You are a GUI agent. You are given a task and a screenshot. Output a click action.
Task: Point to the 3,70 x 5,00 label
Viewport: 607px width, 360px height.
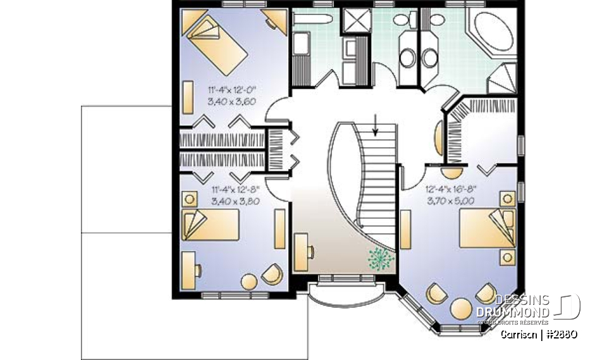450,201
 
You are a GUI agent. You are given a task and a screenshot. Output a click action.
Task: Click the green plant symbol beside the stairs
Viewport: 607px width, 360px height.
379,258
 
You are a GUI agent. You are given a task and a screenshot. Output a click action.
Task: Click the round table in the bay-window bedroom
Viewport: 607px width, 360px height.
461,309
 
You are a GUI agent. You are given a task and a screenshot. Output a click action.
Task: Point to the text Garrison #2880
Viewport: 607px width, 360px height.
538,333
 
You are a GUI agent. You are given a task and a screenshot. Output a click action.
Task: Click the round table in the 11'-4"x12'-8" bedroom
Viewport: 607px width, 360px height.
248,282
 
